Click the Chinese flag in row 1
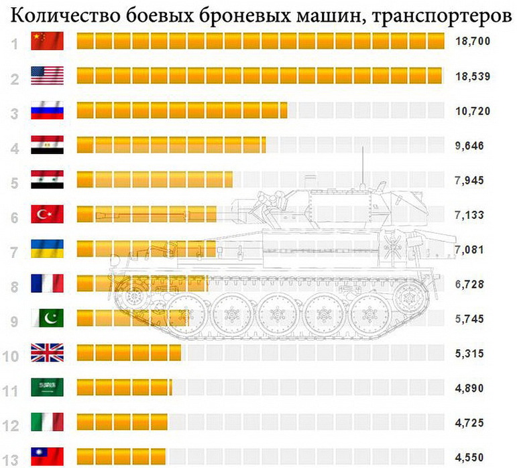(x=47, y=42)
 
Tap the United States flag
(x=47, y=76)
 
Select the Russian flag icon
(x=47, y=110)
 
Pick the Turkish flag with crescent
(x=47, y=214)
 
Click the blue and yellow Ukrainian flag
(x=47, y=249)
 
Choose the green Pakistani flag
(x=47, y=318)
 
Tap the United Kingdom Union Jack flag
(x=47, y=353)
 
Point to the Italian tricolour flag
(x=47, y=422)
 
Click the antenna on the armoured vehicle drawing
(x=363, y=164)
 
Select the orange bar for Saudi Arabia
(x=125, y=388)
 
